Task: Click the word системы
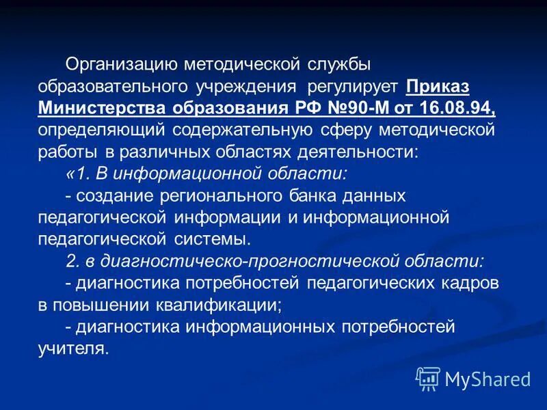coord(212,239)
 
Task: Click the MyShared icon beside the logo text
coord(428,379)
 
